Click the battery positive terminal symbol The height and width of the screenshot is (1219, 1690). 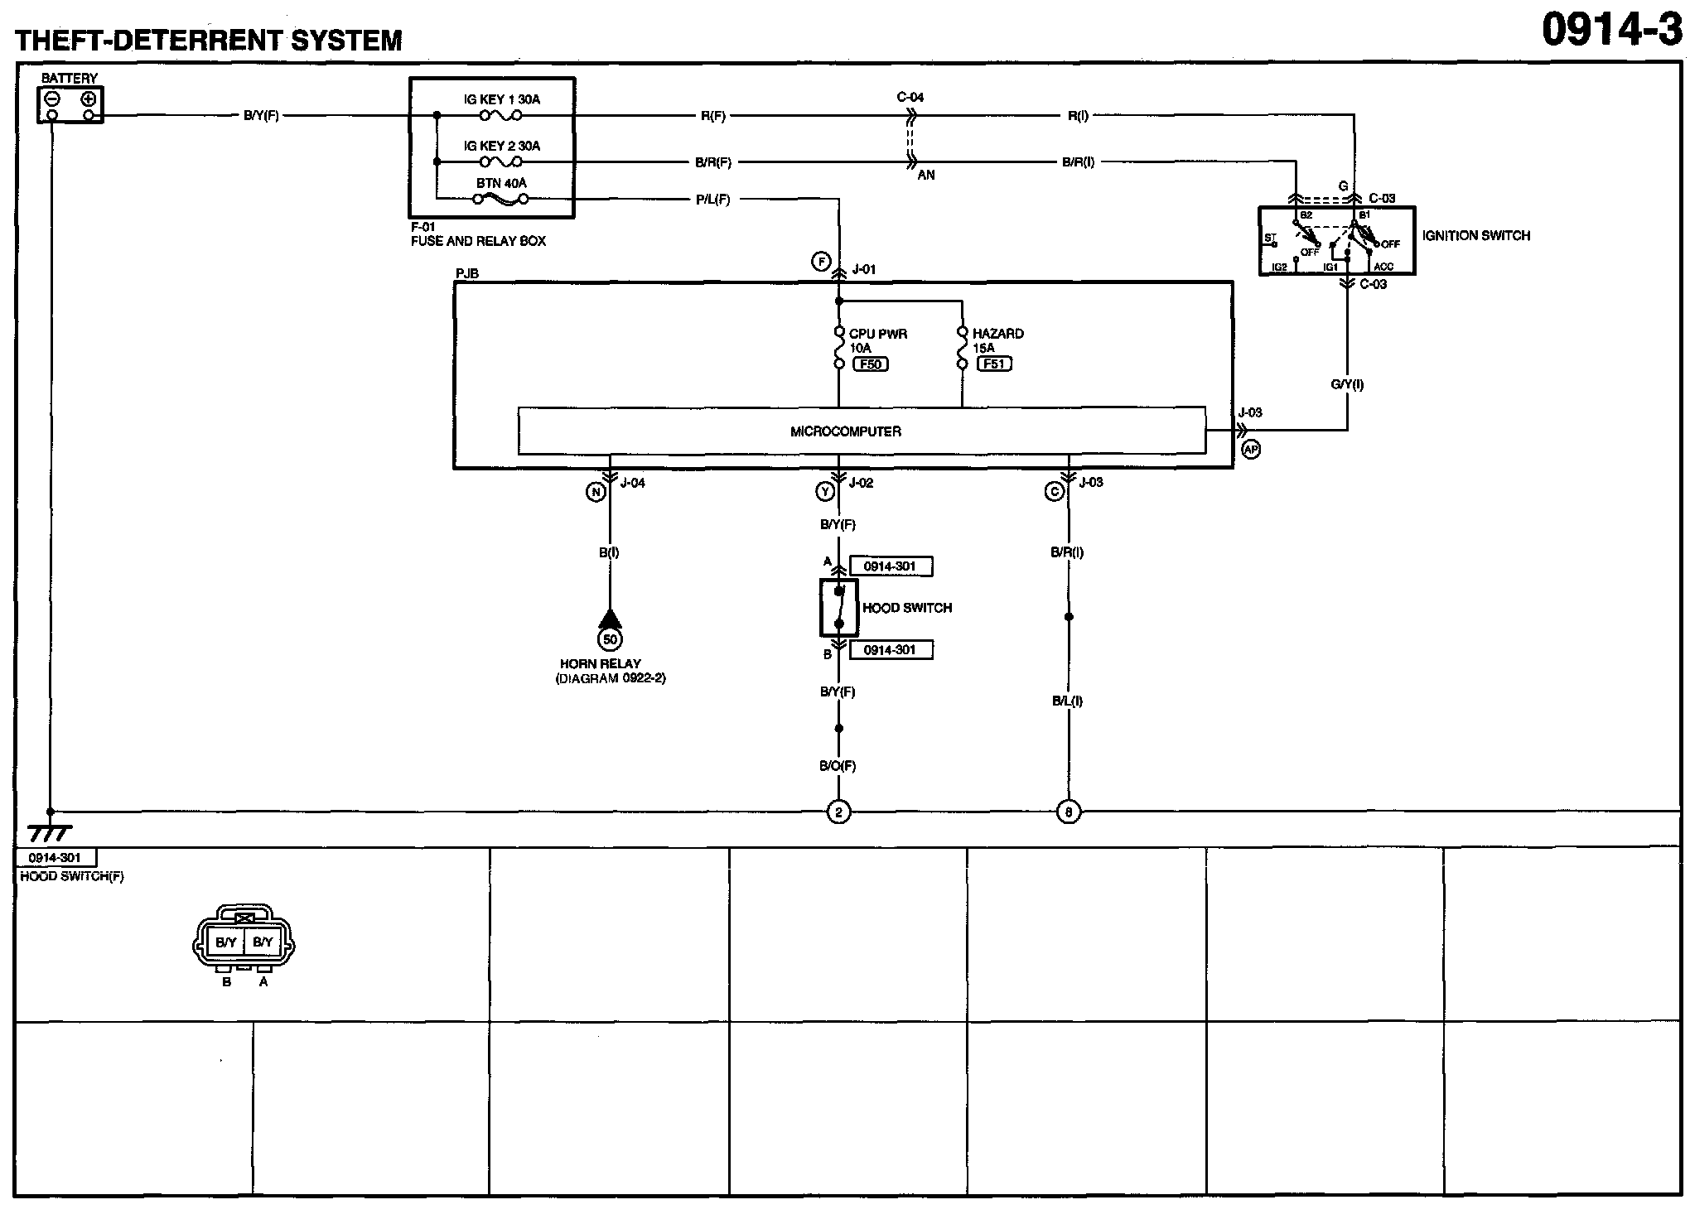(89, 99)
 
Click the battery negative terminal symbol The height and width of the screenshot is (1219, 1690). (52, 99)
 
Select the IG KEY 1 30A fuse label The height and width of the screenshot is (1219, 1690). (501, 99)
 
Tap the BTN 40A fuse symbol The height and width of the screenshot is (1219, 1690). (500, 199)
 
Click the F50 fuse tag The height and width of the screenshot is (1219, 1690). (871, 364)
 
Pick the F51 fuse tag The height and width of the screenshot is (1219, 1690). (994, 364)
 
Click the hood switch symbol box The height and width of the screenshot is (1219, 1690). (838, 607)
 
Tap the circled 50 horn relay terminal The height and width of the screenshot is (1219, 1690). (610, 639)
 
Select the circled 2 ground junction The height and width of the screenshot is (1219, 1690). (838, 812)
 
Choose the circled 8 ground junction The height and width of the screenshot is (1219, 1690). (1069, 812)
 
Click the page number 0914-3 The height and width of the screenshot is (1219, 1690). (1611, 31)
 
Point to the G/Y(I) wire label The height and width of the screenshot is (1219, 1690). (1347, 384)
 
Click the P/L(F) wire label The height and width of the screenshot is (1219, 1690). (712, 200)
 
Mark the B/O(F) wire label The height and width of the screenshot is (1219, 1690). (838, 766)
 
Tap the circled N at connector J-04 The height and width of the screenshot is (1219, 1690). (596, 492)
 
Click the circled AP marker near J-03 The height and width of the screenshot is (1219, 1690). (1251, 449)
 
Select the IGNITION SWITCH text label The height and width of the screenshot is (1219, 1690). (1475, 236)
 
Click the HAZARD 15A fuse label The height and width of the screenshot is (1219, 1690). (997, 340)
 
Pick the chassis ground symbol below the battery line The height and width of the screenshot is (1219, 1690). (50, 832)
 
